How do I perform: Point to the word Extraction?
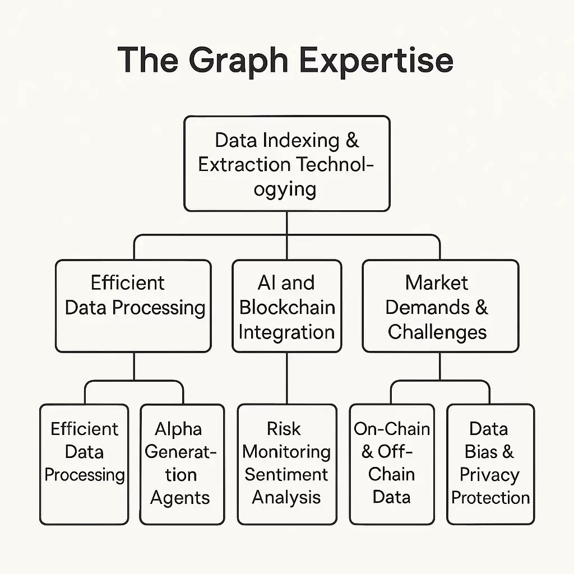coord(244,164)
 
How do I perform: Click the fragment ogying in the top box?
coord(285,189)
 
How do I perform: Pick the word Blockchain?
coord(287,307)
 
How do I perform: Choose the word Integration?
coord(286,331)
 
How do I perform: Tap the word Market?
coord(437,283)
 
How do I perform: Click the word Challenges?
coord(437,332)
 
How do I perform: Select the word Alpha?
coord(178,429)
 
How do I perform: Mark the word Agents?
coord(180,498)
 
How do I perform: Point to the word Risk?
coord(284,429)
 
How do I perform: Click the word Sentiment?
coord(286,474)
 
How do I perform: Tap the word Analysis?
coord(286,497)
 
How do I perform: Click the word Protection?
coord(490,497)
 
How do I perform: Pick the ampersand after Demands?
coord(482,307)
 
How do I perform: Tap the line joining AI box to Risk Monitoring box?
coord(287,378)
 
